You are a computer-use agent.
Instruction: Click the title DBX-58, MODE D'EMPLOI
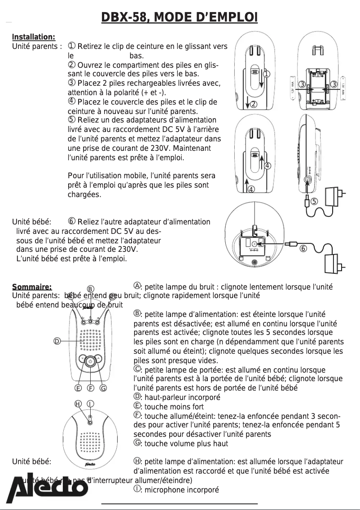(x=180, y=18)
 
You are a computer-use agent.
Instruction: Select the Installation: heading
(x=33, y=37)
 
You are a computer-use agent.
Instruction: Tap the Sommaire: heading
(x=32, y=287)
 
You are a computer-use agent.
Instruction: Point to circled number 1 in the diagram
(x=266, y=74)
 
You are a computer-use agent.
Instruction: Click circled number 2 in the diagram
(x=253, y=105)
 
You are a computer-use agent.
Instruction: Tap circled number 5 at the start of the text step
(x=71, y=120)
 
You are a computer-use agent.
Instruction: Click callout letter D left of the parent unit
(x=57, y=342)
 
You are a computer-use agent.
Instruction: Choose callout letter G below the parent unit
(x=103, y=388)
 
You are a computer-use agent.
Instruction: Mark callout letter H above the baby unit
(x=78, y=404)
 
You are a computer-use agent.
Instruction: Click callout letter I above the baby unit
(x=90, y=404)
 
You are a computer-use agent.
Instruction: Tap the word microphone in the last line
(x=166, y=490)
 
